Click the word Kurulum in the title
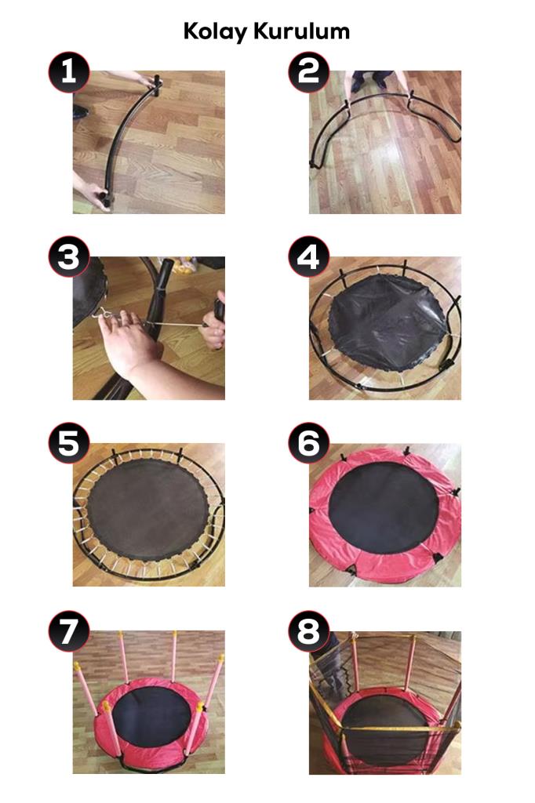pos(302,31)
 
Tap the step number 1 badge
pos(69,71)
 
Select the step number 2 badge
pos(308,71)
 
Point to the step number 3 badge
pos(69,257)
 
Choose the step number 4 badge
pos(308,257)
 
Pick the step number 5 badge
pos(69,444)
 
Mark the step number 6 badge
pos(308,444)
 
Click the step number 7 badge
pos(69,631)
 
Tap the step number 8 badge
pos(308,631)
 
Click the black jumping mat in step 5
pos(148,512)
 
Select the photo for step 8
pos(385,703)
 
